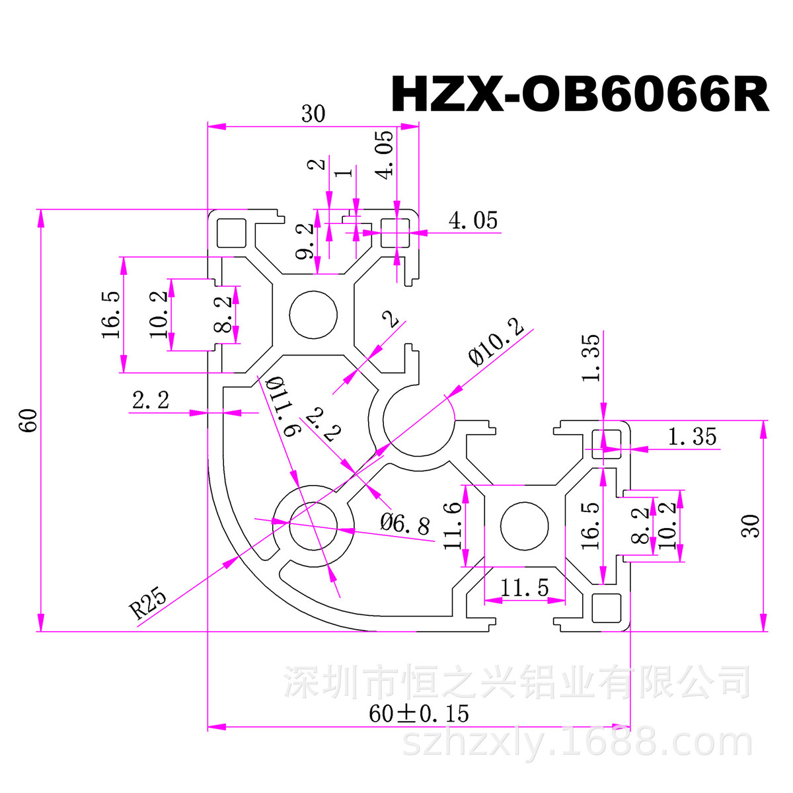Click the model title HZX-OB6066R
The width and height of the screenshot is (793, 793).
point(580,95)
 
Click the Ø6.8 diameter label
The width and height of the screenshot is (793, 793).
point(404,525)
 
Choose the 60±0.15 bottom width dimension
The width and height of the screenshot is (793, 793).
point(419,714)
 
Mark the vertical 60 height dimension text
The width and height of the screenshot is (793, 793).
point(29,420)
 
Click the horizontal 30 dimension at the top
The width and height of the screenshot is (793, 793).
point(313,114)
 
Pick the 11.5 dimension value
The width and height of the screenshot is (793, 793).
point(524,587)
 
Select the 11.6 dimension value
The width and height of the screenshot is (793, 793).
point(453,526)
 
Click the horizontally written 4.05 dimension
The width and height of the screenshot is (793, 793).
point(472,221)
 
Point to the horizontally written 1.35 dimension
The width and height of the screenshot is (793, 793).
point(691,437)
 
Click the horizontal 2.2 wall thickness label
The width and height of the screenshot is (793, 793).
point(151,400)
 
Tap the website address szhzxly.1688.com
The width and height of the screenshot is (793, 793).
point(577,743)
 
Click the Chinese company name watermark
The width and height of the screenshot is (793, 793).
point(517,683)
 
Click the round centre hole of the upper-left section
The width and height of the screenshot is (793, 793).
point(313,314)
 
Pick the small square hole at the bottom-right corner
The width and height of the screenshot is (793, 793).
point(606,607)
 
